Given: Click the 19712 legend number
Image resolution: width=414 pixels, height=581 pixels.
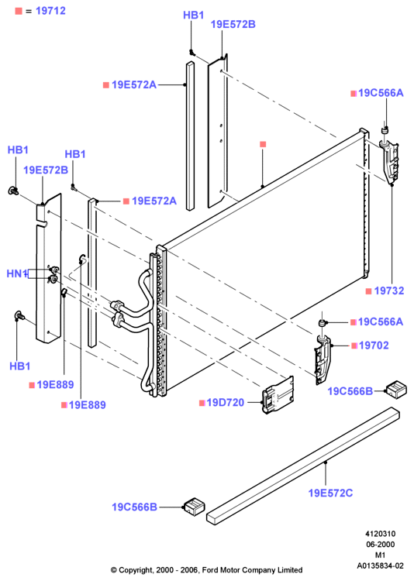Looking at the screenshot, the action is [50, 11].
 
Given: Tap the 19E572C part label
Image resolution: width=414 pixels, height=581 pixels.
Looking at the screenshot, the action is [330, 493].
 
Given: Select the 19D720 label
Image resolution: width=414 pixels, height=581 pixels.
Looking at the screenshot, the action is [225, 402].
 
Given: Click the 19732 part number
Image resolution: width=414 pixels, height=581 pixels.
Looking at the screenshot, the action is [388, 290].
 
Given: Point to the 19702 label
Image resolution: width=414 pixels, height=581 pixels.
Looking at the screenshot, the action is [374, 346].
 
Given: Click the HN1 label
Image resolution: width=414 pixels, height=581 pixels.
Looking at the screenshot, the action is [17, 273].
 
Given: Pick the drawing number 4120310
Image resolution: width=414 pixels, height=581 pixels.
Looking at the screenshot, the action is [380, 534].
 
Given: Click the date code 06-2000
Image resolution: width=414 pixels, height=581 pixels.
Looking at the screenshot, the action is [380, 545].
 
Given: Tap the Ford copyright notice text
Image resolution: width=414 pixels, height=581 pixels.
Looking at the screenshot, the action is [207, 570].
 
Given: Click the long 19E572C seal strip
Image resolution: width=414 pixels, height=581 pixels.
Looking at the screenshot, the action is [303, 466].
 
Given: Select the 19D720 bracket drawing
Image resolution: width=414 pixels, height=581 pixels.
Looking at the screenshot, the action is [278, 395].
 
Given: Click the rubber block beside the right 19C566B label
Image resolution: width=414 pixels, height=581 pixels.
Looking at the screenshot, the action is [396, 389].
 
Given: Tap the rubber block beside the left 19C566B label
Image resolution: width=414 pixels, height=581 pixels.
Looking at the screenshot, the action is [195, 507].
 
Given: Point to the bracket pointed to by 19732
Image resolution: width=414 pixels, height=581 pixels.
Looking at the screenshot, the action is [390, 162].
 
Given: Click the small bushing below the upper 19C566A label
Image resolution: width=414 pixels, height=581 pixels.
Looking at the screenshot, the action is [385, 131].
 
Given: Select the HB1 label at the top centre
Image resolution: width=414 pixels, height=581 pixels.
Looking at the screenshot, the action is [193, 15].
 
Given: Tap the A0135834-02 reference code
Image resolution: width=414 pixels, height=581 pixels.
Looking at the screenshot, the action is [380, 566].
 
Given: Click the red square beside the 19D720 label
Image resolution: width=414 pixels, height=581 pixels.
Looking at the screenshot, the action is [202, 403].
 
